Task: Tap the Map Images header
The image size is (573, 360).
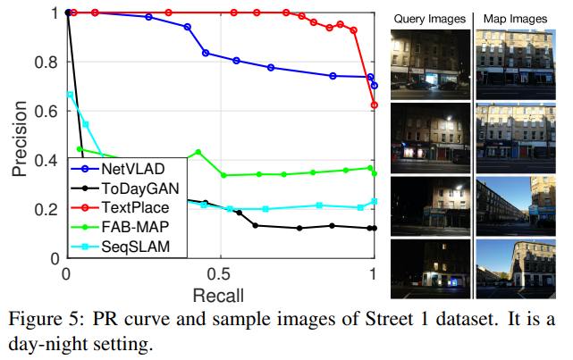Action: [x=516, y=17]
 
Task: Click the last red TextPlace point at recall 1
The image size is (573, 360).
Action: [x=375, y=105]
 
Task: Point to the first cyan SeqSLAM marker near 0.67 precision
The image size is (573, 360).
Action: [x=70, y=94]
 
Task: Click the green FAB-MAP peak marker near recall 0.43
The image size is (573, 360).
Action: [x=198, y=152]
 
